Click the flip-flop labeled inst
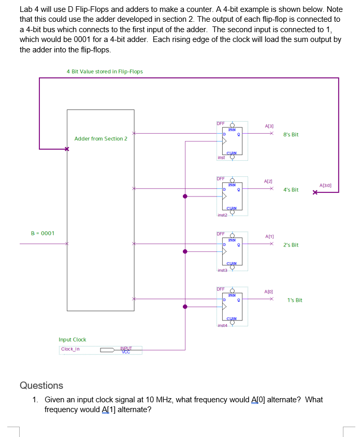(x=232, y=140)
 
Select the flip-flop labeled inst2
(x=232, y=196)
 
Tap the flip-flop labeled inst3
(x=232, y=251)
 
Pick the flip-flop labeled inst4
(x=232, y=306)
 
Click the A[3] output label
(x=269, y=126)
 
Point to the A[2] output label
(x=268, y=181)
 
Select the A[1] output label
(x=269, y=236)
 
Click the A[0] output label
(x=268, y=292)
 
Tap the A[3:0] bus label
(x=325, y=185)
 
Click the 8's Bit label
(x=291, y=135)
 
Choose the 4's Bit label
(x=291, y=190)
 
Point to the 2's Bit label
(x=291, y=245)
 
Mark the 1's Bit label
(x=295, y=301)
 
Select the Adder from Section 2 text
(x=100, y=139)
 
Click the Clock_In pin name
(x=70, y=349)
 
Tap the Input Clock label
(x=73, y=340)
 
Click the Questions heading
(x=41, y=385)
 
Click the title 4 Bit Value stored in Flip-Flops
(x=105, y=72)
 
